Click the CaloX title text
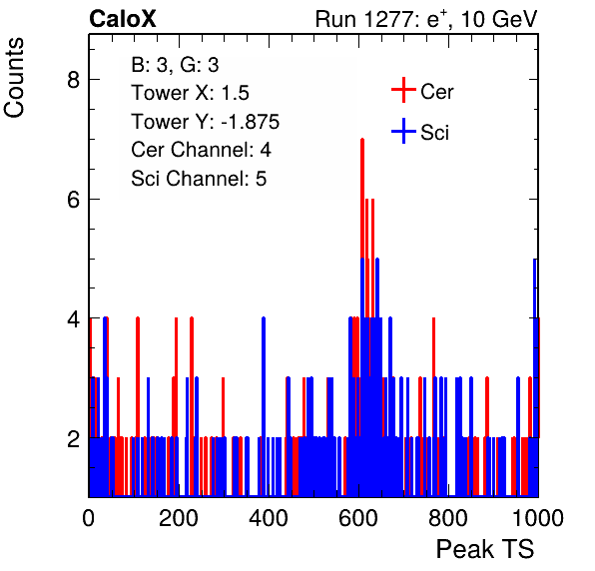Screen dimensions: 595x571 pyautogui.click(x=123, y=19)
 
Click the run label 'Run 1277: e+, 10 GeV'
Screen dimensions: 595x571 pyautogui.click(x=426, y=19)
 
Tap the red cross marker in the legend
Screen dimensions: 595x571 pyautogui.click(x=403, y=90)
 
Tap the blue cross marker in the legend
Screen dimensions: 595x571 pyautogui.click(x=403, y=131)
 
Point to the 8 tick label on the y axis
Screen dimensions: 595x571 pyautogui.click(x=73, y=80)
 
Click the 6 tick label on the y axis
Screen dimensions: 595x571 pyautogui.click(x=73, y=199)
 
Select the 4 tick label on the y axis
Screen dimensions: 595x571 pyautogui.click(x=73, y=318)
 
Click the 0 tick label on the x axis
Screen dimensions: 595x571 pyautogui.click(x=89, y=517)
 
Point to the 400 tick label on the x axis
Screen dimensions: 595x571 pyautogui.click(x=269, y=517)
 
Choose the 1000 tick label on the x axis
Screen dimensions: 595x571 pyautogui.click(x=538, y=517)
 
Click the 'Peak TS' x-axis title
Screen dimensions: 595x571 pyautogui.click(x=485, y=549)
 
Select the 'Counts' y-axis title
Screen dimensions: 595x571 pyautogui.click(x=14, y=78)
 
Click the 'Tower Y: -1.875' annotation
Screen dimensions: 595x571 pyautogui.click(x=205, y=122)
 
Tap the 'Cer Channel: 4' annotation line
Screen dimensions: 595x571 pyautogui.click(x=201, y=150)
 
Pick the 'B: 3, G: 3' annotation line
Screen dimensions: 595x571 pyautogui.click(x=175, y=65)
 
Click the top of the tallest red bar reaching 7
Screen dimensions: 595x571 pyautogui.click(x=362, y=139)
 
